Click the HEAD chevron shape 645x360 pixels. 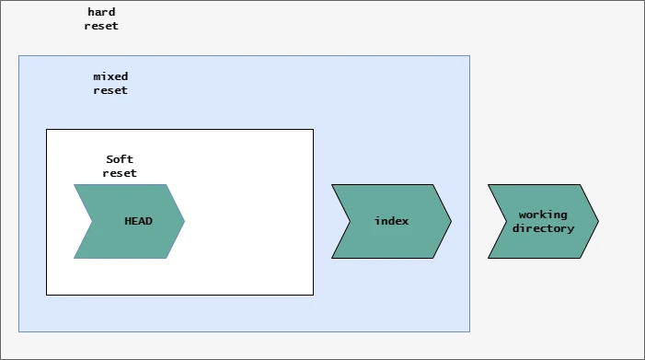[133, 221]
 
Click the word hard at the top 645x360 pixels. [101, 12]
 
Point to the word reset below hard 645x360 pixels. [101, 26]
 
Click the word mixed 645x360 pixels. [110, 76]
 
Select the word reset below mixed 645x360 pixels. [110, 90]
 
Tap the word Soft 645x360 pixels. [120, 159]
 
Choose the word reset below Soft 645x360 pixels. [120, 173]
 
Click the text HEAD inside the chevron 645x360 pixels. [139, 222]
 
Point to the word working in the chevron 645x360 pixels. [543, 215]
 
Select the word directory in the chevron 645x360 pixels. [543, 228]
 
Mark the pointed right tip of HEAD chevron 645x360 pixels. [184, 221]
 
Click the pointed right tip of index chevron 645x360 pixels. [451, 221]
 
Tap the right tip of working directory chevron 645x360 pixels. [598, 221]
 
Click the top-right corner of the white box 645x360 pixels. [313, 130]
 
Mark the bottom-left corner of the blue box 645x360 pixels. [19, 331]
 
